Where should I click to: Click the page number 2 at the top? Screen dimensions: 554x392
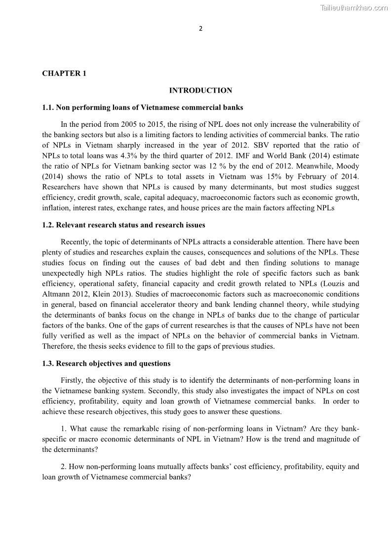200,28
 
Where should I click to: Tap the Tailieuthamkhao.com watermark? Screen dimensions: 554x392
354,7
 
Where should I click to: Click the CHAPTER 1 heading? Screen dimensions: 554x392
64,74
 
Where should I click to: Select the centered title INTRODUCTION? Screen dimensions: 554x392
200,90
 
